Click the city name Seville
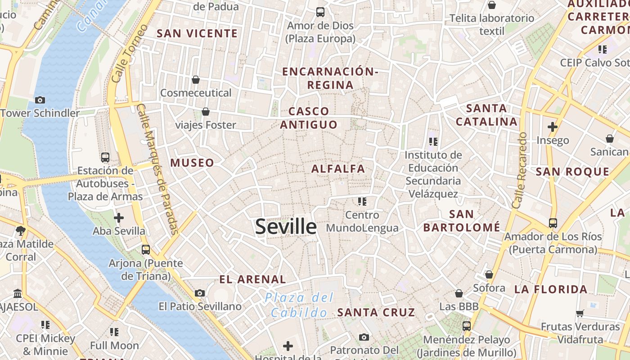[286, 226]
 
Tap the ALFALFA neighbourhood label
[338, 169]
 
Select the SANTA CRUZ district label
[376, 312]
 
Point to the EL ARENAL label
[252, 279]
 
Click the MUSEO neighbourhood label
[192, 162]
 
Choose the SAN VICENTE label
[197, 33]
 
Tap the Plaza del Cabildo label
[299, 305]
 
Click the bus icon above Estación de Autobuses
[105, 157]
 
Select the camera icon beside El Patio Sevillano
[200, 293]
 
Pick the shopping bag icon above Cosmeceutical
[196, 80]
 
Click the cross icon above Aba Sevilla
[119, 218]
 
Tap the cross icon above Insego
[553, 127]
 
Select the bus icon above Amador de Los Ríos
[553, 223]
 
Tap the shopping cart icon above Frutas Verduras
[580, 313]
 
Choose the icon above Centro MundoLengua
[362, 201]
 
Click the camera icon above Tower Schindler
[40, 100]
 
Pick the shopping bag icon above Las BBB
[459, 293]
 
